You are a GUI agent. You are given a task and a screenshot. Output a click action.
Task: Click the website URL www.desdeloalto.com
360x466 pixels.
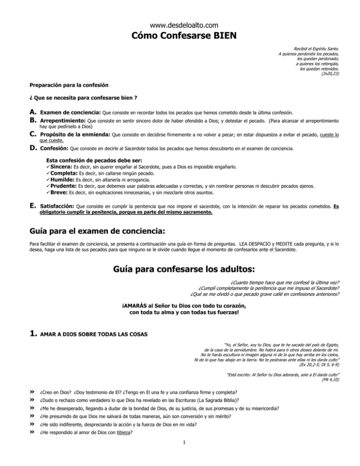[x=180, y=24]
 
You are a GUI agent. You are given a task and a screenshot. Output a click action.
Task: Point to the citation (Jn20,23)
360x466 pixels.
[x=330, y=74]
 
